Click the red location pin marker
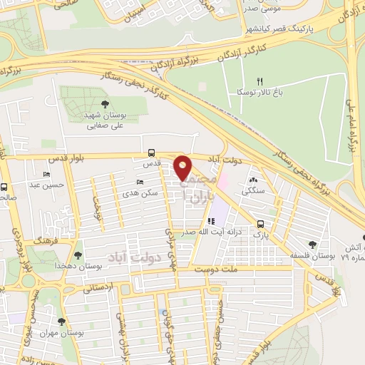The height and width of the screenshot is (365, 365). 182,167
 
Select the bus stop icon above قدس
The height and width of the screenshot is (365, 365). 151,153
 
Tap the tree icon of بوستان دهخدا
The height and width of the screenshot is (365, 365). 78,254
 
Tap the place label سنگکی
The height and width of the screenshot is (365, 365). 254,190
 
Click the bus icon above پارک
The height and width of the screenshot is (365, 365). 261,222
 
